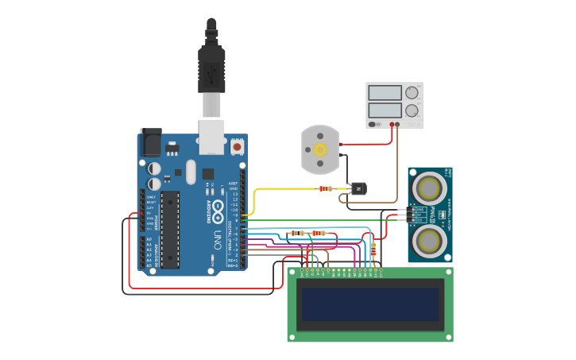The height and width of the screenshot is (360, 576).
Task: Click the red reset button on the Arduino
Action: [x=237, y=147]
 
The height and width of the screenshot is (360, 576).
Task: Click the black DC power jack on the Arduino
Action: [x=150, y=142]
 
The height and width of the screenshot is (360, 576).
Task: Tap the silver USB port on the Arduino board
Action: [x=211, y=137]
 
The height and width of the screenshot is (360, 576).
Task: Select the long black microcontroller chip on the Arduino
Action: [x=170, y=230]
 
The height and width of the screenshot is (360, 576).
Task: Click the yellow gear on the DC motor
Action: [x=320, y=149]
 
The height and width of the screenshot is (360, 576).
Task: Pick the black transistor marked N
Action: [x=358, y=188]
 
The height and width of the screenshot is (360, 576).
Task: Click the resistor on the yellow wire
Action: [x=325, y=189]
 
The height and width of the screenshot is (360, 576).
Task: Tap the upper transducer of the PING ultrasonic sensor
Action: [x=430, y=188]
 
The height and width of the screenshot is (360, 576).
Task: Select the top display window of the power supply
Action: [x=385, y=92]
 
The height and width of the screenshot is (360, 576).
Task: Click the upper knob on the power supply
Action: [x=412, y=92]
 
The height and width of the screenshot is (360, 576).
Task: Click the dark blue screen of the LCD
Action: [x=370, y=304]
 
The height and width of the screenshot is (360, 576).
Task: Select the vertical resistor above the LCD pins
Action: [x=374, y=249]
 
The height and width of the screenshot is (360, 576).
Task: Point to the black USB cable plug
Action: [x=211, y=68]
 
